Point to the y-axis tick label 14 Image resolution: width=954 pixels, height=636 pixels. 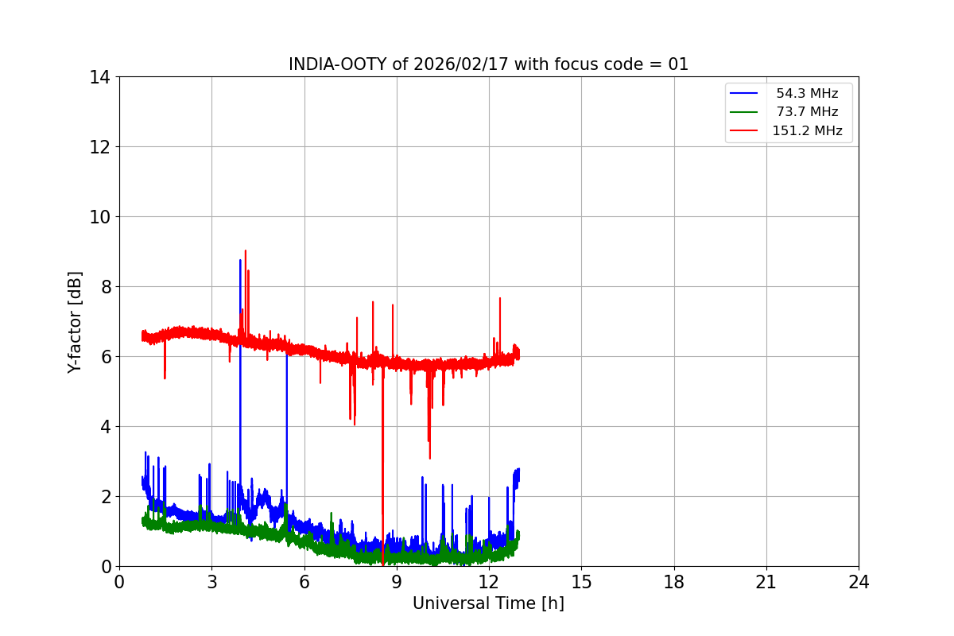[99, 77]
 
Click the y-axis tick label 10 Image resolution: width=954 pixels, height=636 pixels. [99, 217]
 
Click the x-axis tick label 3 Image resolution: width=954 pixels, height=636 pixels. [211, 583]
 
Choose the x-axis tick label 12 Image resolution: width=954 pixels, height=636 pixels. [489, 583]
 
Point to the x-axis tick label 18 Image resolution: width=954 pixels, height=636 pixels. [674, 583]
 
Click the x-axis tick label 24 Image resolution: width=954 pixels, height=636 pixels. [859, 583]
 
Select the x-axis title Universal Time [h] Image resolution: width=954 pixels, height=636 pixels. [488, 603]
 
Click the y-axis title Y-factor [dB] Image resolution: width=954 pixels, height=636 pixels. [75, 322]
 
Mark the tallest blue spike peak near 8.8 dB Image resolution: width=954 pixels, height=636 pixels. [240, 260]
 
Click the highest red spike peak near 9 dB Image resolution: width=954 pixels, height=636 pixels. [246, 250]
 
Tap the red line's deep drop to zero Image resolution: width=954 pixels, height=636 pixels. [383, 564]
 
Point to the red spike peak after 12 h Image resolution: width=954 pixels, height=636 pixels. [499, 298]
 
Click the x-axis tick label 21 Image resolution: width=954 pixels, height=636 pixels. [766, 583]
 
